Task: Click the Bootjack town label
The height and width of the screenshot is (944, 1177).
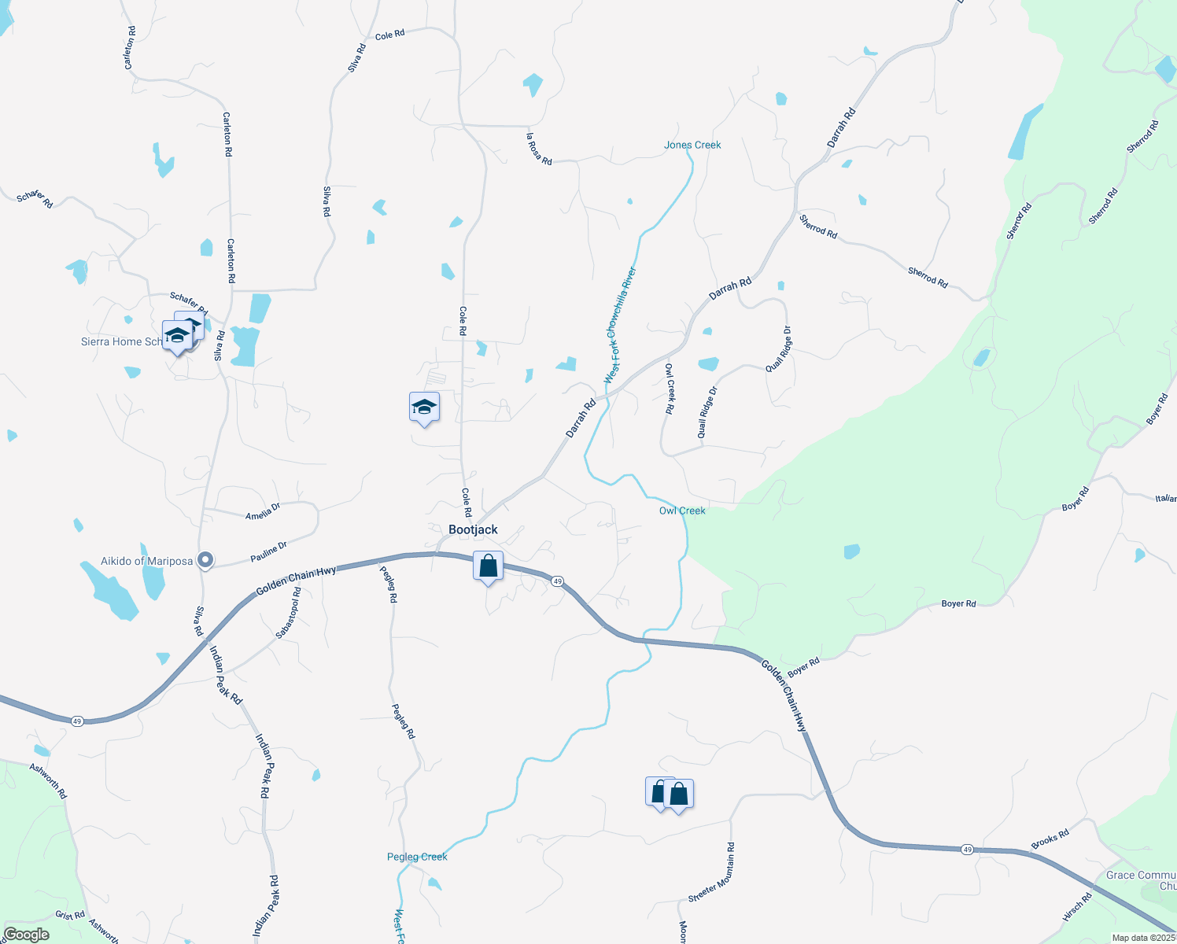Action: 473,529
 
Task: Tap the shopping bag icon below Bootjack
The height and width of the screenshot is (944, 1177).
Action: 488,566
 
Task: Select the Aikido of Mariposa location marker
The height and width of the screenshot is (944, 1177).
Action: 205,560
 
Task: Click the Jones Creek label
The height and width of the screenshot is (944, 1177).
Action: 692,145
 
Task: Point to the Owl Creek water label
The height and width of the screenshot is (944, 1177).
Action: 682,511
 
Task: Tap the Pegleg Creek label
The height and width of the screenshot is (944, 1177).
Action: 417,857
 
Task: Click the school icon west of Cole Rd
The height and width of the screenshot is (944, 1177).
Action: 424,408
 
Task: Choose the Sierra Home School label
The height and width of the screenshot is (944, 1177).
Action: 122,341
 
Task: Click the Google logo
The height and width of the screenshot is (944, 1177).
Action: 26,935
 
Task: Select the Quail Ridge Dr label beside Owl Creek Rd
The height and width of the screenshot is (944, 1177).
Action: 707,411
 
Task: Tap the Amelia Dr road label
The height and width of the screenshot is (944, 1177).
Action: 263,512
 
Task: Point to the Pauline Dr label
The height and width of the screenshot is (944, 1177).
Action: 269,551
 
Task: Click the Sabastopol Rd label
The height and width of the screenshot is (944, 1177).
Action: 288,612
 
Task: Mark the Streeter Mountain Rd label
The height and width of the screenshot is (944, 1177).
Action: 712,872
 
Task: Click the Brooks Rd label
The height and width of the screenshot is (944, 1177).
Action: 1050,839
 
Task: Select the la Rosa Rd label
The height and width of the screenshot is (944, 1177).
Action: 539,149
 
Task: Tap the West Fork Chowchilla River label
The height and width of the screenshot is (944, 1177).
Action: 620,326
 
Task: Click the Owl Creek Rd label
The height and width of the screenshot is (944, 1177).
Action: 670,389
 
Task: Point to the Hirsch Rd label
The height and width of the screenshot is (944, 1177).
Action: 1077,907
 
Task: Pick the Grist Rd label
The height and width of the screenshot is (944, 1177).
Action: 70,915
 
